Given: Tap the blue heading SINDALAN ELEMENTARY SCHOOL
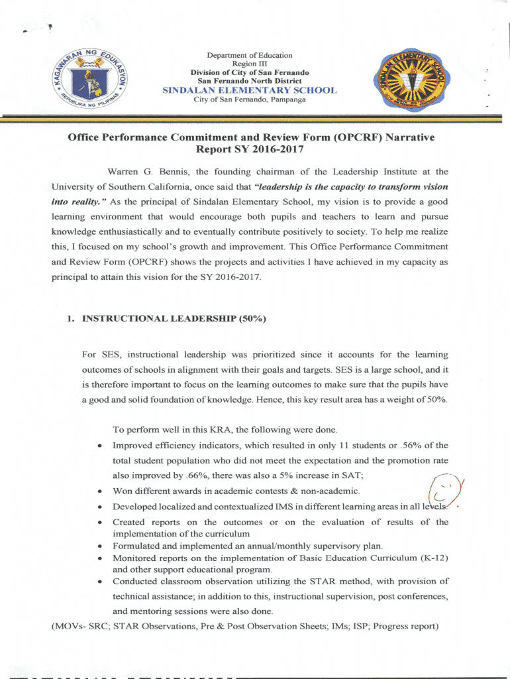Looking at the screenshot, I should (x=249, y=90).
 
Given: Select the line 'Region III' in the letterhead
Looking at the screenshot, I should (x=249, y=64).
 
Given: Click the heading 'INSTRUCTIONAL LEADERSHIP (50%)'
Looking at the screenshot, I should (x=174, y=318).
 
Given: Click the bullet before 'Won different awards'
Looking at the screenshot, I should (x=99, y=491).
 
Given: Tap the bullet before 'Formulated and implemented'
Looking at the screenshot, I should (x=99, y=546).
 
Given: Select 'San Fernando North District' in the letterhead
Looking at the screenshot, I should (x=249, y=81).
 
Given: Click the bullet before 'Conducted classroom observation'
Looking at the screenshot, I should (x=99, y=582).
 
